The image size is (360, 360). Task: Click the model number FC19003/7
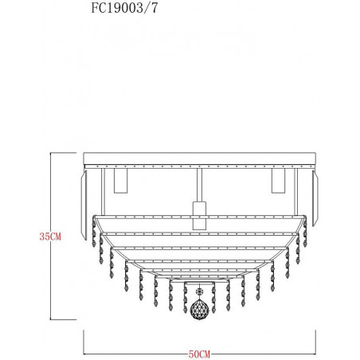(x=124, y=8)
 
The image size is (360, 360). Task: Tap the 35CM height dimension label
(x=50, y=237)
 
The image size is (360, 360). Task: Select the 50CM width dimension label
(x=199, y=354)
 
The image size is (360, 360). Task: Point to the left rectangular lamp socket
(x=120, y=181)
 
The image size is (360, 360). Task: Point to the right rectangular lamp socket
(x=278, y=181)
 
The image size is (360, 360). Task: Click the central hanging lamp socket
(x=200, y=215)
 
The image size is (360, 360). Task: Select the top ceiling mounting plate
(x=199, y=158)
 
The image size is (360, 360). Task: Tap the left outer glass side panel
(x=84, y=205)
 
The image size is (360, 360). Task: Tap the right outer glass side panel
(x=315, y=198)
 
